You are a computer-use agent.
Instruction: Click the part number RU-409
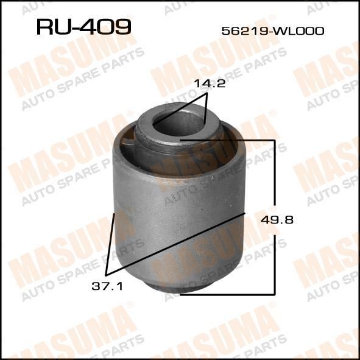click(x=84, y=27)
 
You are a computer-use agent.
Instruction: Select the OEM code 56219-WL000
click(x=273, y=31)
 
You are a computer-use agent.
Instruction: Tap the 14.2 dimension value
click(x=210, y=84)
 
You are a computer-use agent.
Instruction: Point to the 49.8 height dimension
click(x=277, y=220)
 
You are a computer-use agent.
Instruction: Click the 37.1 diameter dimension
click(x=107, y=286)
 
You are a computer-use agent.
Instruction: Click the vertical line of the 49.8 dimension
click(x=274, y=217)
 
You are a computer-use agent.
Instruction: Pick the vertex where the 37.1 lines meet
click(x=107, y=275)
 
